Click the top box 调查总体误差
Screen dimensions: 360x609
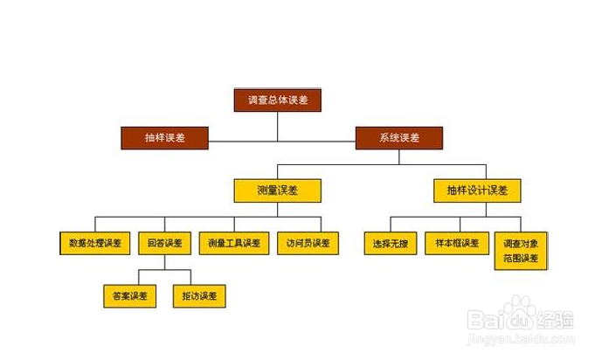click(278, 100)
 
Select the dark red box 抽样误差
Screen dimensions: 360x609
click(164, 137)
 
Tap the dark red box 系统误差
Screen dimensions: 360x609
click(398, 137)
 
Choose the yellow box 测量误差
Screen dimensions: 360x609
click(278, 190)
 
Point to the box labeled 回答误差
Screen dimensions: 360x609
click(164, 243)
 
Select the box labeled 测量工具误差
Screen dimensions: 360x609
click(234, 243)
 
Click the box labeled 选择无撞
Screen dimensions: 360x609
click(390, 243)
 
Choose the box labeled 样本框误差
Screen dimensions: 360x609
click(456, 243)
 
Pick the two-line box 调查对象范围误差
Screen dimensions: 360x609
click(521, 250)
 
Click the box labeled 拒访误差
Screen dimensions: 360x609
click(199, 296)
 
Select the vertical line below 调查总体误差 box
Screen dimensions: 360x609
click(278, 125)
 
